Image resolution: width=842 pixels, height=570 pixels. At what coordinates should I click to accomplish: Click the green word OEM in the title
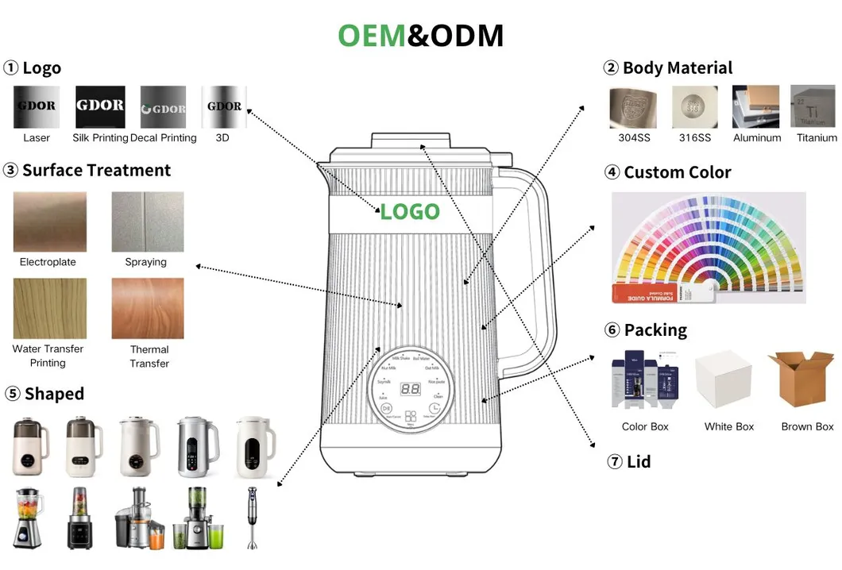pos(372,36)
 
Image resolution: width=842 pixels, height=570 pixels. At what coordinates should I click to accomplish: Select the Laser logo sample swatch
pos(37,106)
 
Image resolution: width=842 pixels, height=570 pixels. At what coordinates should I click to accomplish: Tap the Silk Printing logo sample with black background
pos(100,106)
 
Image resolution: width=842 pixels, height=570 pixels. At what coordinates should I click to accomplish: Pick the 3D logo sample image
pos(224,106)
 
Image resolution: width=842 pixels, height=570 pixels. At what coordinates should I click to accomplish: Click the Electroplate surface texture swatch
pos(49,221)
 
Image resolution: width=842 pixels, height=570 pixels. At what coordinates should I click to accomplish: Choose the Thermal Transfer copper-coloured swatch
pos(148,308)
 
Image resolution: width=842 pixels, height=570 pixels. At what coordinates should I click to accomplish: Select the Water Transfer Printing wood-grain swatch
pos(49,308)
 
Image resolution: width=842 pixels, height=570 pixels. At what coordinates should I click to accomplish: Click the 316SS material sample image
pos(694,106)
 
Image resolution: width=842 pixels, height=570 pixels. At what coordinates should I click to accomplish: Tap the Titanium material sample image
pos(812,106)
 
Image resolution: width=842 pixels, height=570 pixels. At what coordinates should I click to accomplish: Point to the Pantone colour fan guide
pos(707,248)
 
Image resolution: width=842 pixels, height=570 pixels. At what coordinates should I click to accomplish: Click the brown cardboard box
pos(804,379)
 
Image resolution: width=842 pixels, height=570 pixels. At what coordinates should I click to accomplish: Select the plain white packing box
pos(724,379)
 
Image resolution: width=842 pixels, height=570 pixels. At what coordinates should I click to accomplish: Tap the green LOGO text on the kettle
pos(409,212)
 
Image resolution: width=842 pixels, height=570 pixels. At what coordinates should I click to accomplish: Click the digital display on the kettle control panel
pos(410,390)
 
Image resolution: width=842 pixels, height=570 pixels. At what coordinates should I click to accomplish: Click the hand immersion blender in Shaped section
pos(253,518)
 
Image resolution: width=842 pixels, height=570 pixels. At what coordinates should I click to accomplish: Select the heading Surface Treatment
pos(95,171)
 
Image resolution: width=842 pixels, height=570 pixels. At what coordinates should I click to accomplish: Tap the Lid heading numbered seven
pos(638,461)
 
